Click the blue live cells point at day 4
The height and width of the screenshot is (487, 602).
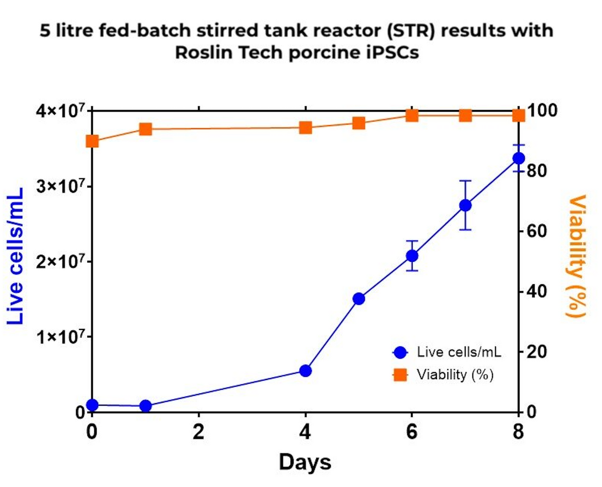point(305,370)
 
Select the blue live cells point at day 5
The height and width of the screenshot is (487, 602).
point(359,299)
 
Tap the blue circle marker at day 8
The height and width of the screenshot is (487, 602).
point(519,158)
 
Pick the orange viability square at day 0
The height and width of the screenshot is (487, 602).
point(92,141)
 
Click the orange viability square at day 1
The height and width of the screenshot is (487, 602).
point(146,129)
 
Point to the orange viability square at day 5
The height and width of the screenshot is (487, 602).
point(359,123)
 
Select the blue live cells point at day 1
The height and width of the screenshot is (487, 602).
point(146,406)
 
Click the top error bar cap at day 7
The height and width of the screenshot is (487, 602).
point(465,181)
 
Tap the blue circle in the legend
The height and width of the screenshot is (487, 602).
point(400,352)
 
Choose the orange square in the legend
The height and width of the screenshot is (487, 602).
point(400,375)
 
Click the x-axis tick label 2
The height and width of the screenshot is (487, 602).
point(199,432)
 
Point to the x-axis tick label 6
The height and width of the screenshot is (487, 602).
point(412,432)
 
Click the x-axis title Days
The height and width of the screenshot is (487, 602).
point(305,462)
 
